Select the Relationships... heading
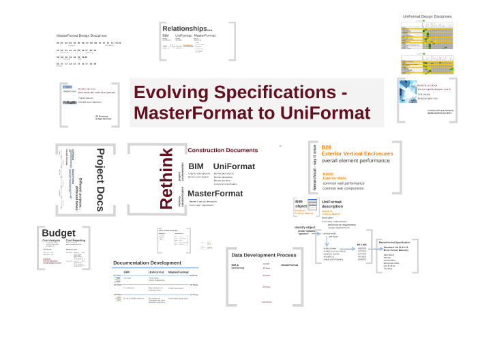click(x=192, y=28)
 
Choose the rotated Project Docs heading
click(x=100, y=179)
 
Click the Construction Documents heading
click(x=223, y=150)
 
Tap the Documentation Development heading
click(x=147, y=262)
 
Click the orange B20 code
click(x=326, y=147)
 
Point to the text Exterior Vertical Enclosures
click(x=357, y=153)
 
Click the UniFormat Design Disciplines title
click(x=427, y=16)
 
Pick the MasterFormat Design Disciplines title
click(x=82, y=35)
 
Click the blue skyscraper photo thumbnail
click(x=408, y=92)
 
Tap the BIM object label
click(x=300, y=204)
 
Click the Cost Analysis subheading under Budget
click(x=52, y=240)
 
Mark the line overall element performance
click(x=356, y=161)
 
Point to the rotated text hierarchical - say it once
click(x=315, y=167)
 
